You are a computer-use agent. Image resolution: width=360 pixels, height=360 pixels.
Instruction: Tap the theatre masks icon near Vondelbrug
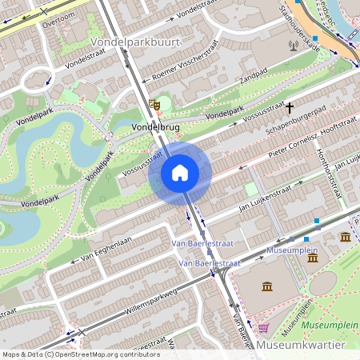[x=154, y=104]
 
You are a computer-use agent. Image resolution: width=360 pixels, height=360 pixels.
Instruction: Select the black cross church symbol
[x=290, y=106]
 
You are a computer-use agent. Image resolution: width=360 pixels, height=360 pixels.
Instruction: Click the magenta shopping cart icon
[x=263, y=328]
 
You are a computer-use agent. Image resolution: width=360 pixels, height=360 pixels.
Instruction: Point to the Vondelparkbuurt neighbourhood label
[x=136, y=40]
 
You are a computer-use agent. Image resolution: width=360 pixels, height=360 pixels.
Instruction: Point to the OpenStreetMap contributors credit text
[x=80, y=354]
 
